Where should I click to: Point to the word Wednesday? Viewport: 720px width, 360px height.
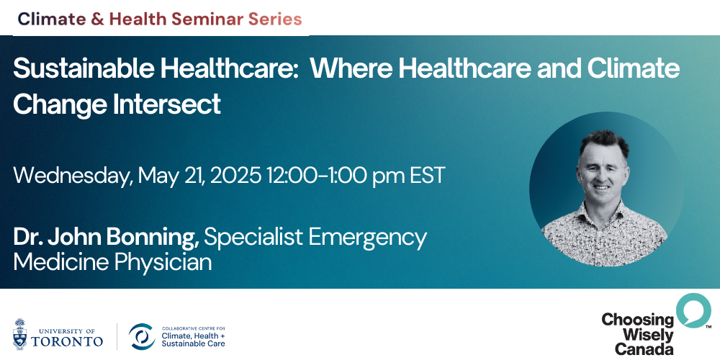point(72,176)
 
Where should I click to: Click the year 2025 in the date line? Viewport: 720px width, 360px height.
point(235,176)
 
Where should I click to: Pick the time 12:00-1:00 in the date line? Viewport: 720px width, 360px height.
point(317,176)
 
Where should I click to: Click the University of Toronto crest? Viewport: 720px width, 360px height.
point(19,334)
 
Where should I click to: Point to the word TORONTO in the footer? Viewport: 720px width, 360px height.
point(67,341)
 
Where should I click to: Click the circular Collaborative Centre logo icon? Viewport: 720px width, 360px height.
point(142,336)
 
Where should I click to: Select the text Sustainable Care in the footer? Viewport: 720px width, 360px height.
point(193,343)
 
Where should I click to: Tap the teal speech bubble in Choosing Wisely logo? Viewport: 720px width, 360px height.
point(693,310)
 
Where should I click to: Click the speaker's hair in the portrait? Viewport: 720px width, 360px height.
point(604,141)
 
